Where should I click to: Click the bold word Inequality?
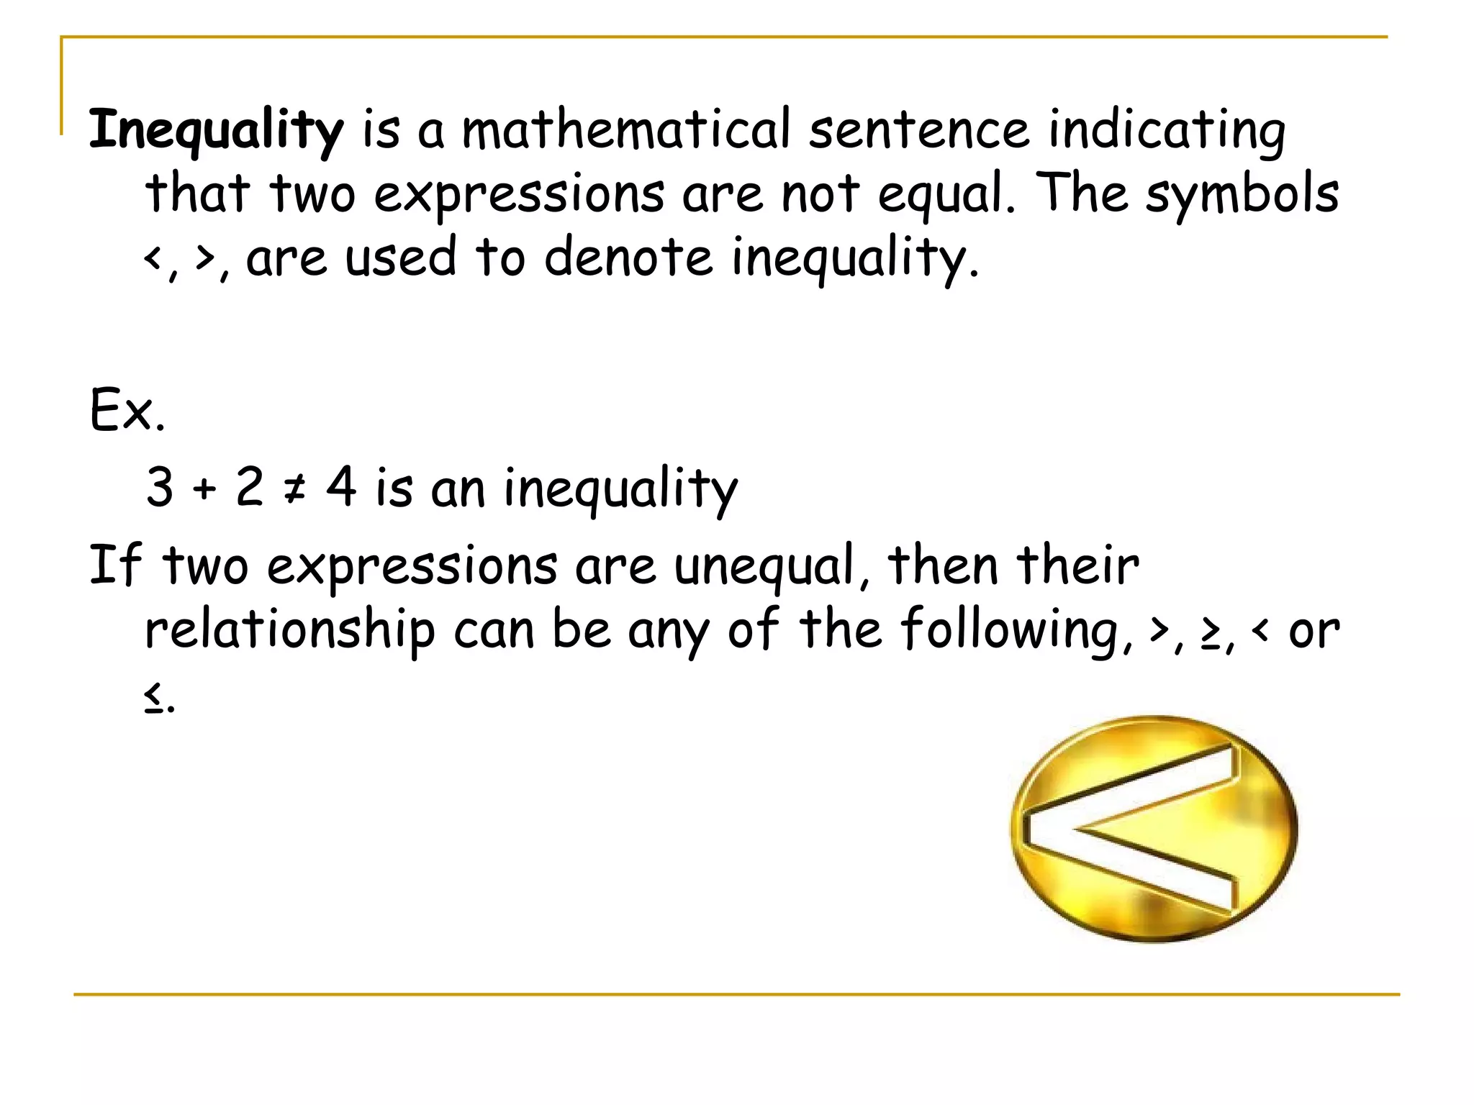click(x=216, y=131)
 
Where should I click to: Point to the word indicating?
click(x=1166, y=131)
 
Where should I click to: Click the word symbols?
click(x=1242, y=194)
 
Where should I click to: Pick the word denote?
click(x=628, y=257)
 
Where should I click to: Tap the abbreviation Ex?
click(x=127, y=410)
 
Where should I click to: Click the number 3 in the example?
click(x=160, y=487)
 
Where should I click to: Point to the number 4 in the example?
click(x=341, y=486)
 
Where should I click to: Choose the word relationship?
click(x=289, y=630)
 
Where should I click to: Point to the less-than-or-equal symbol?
click(x=153, y=697)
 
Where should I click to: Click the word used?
click(x=400, y=257)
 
